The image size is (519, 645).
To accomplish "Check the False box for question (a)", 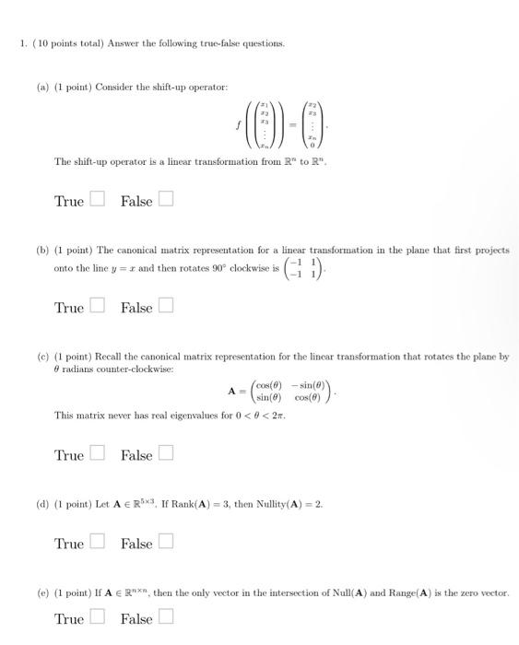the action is tap(165, 201).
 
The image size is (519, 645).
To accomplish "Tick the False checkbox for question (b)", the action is tap(165, 308).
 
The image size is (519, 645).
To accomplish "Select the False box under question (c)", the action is tap(165, 454).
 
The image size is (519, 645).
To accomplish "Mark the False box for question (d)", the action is tap(165, 544).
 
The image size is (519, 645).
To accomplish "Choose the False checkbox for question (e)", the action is tap(165, 618).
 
